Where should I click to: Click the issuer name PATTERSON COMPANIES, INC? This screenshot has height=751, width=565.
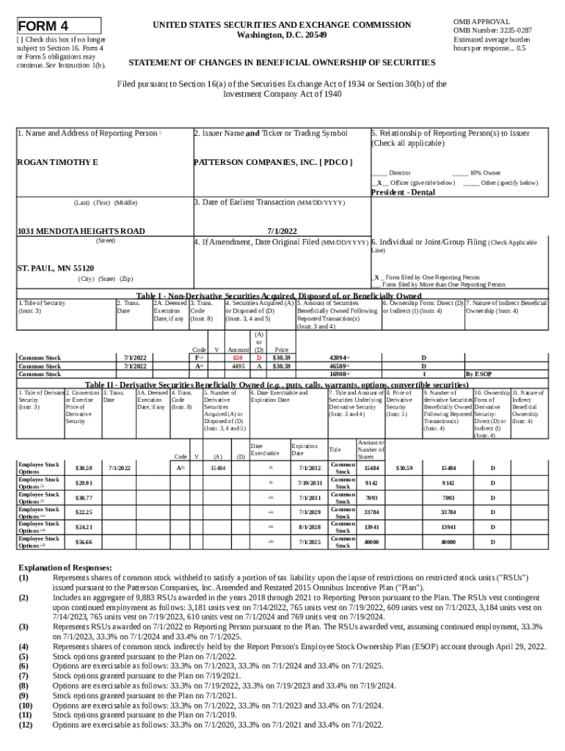tap(272, 161)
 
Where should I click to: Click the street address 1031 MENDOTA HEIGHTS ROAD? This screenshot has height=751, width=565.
tap(81, 231)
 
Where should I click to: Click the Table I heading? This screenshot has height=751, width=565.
tap(279, 295)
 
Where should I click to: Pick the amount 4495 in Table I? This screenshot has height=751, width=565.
tap(238, 364)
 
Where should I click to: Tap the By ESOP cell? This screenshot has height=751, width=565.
tap(478, 373)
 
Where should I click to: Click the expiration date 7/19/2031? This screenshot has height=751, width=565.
tap(310, 482)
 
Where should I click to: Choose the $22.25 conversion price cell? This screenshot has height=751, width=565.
tap(84, 511)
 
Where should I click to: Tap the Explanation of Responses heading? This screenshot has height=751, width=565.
tap(65, 568)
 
